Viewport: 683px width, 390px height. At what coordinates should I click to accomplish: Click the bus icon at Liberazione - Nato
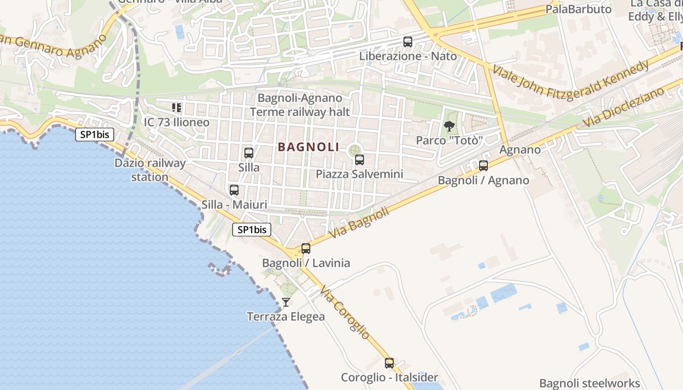tap(408, 42)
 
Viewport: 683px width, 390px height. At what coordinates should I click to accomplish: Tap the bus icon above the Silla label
tap(249, 153)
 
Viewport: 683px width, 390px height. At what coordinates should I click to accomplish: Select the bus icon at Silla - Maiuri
tap(234, 190)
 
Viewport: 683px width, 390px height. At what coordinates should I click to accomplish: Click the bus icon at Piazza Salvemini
tap(360, 159)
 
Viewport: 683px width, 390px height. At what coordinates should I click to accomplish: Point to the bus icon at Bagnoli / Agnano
tap(483, 166)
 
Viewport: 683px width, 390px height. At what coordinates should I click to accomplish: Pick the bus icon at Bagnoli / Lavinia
tap(306, 249)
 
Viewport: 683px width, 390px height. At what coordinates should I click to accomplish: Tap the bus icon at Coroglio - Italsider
tap(389, 363)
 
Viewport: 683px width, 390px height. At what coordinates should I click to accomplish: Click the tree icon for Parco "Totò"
tap(449, 127)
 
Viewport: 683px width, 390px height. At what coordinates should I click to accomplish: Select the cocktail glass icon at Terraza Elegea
tap(286, 303)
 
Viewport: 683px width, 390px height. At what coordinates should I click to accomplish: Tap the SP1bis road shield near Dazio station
tap(95, 135)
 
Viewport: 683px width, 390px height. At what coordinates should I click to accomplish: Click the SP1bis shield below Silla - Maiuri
tap(252, 230)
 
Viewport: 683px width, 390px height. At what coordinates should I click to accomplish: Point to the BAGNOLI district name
tap(308, 147)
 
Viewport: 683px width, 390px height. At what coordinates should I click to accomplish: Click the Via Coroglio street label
tap(345, 312)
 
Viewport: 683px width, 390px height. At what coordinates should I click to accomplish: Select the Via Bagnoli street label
tap(360, 223)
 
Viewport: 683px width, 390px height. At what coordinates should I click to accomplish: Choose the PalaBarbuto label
tap(578, 9)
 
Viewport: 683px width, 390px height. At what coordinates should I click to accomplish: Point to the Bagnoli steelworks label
tap(589, 383)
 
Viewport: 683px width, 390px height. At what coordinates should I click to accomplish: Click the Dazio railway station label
tap(150, 170)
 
